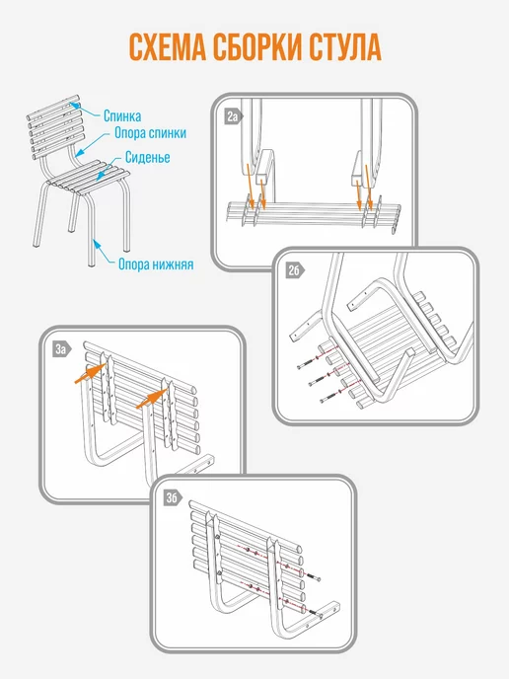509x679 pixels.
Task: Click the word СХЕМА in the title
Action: click(x=168, y=46)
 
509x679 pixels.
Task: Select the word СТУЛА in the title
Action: click(x=345, y=46)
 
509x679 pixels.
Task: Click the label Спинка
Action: click(x=122, y=116)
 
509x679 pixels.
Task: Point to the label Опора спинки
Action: click(x=150, y=133)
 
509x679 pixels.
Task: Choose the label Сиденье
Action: click(x=147, y=157)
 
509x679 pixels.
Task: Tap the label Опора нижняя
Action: click(x=156, y=264)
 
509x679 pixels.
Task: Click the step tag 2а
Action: click(x=234, y=116)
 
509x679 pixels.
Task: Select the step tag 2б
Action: click(x=295, y=270)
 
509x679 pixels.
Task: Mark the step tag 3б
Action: click(x=173, y=498)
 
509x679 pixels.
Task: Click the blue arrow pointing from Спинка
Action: click(x=85, y=110)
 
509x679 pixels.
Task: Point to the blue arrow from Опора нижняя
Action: click(x=104, y=251)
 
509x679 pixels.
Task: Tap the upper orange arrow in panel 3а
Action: click(x=90, y=374)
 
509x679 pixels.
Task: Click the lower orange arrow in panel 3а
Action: click(x=152, y=399)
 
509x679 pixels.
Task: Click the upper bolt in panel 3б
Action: click(x=313, y=577)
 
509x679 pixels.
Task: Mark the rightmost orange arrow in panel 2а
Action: click(x=369, y=184)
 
